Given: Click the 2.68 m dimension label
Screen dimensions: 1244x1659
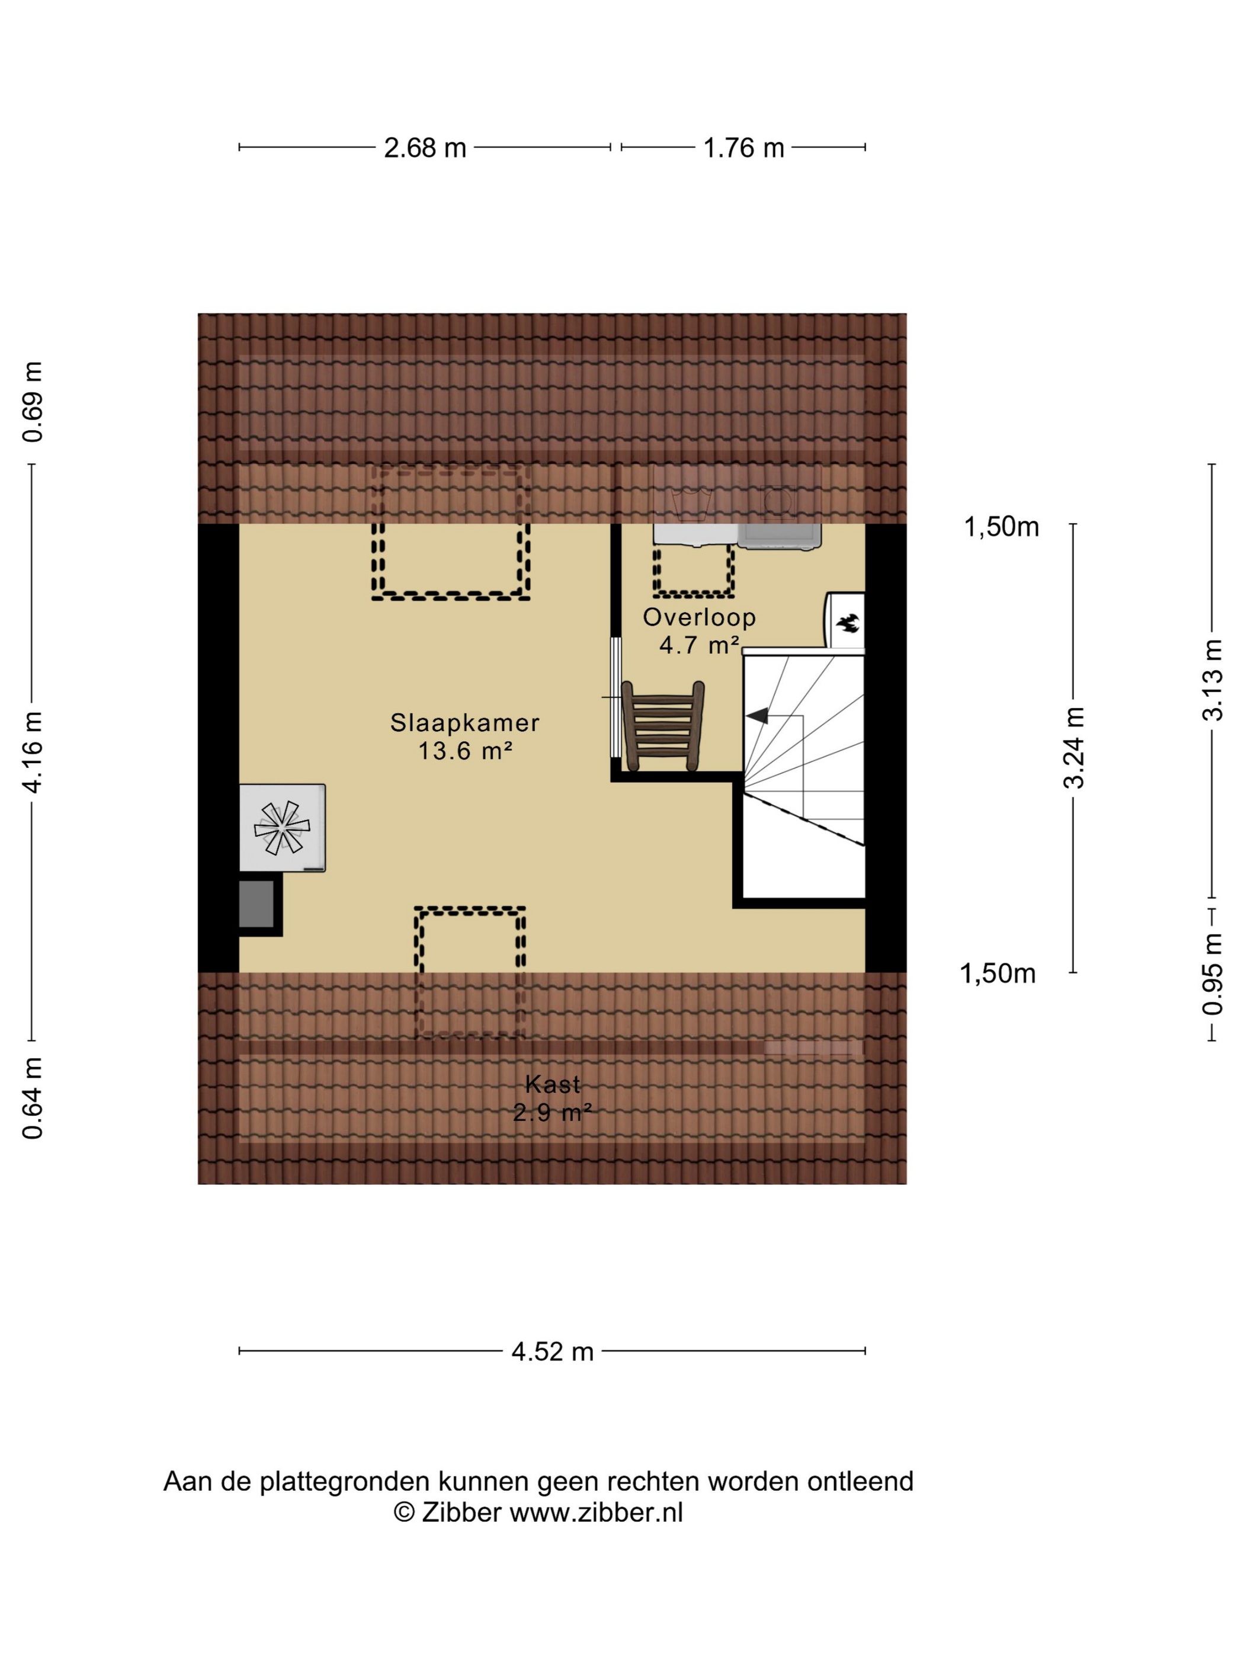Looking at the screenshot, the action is click(x=424, y=148).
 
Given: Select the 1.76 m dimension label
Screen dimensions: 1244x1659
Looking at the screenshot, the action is click(x=743, y=148).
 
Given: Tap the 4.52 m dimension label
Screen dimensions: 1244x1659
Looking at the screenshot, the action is click(x=552, y=1351).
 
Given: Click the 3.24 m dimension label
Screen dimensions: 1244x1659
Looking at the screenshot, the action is click(x=1074, y=747).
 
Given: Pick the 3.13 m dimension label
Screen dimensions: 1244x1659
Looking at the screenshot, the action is click(x=1213, y=680).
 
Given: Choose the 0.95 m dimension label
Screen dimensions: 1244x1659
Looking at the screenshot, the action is click(x=1213, y=973).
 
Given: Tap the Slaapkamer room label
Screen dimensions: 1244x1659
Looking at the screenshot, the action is click(x=465, y=722).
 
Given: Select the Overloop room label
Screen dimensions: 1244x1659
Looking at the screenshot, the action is click(x=699, y=617).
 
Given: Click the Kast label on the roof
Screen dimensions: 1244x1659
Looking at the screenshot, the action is click(x=553, y=1084).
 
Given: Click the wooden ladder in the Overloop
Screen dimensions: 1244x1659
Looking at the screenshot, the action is click(x=663, y=725).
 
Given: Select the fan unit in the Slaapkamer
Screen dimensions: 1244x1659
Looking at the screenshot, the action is click(x=282, y=827).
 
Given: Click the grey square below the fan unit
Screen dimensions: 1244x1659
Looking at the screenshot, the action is click(x=257, y=904).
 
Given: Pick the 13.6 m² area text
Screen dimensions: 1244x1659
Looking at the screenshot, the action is click(x=465, y=751).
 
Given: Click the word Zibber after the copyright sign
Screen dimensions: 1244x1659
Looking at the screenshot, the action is click(x=461, y=1512).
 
